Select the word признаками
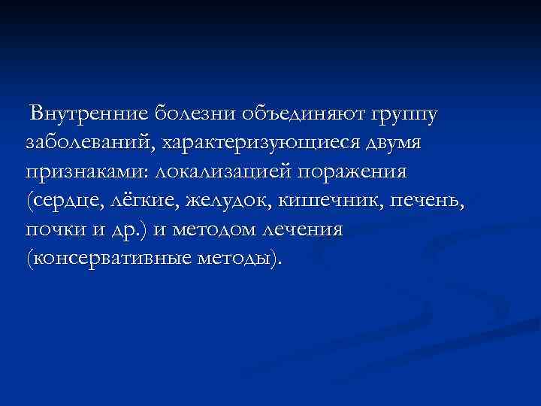(87, 171)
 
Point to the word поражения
(353, 171)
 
